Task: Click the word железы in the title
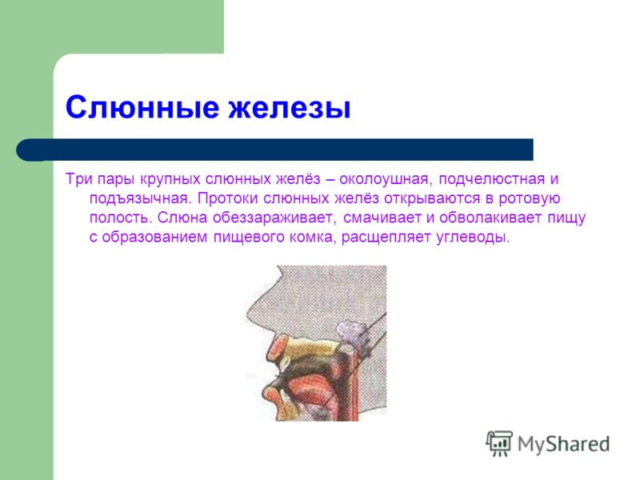click(290, 107)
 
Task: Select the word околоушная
click(384, 179)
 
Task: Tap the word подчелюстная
click(492, 179)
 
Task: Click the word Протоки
click(228, 198)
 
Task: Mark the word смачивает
click(382, 218)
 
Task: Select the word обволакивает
click(490, 218)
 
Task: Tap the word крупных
click(170, 179)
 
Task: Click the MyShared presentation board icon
click(499, 443)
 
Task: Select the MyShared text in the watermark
click(564, 444)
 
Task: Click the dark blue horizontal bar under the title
click(274, 150)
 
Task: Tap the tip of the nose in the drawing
click(246, 314)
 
